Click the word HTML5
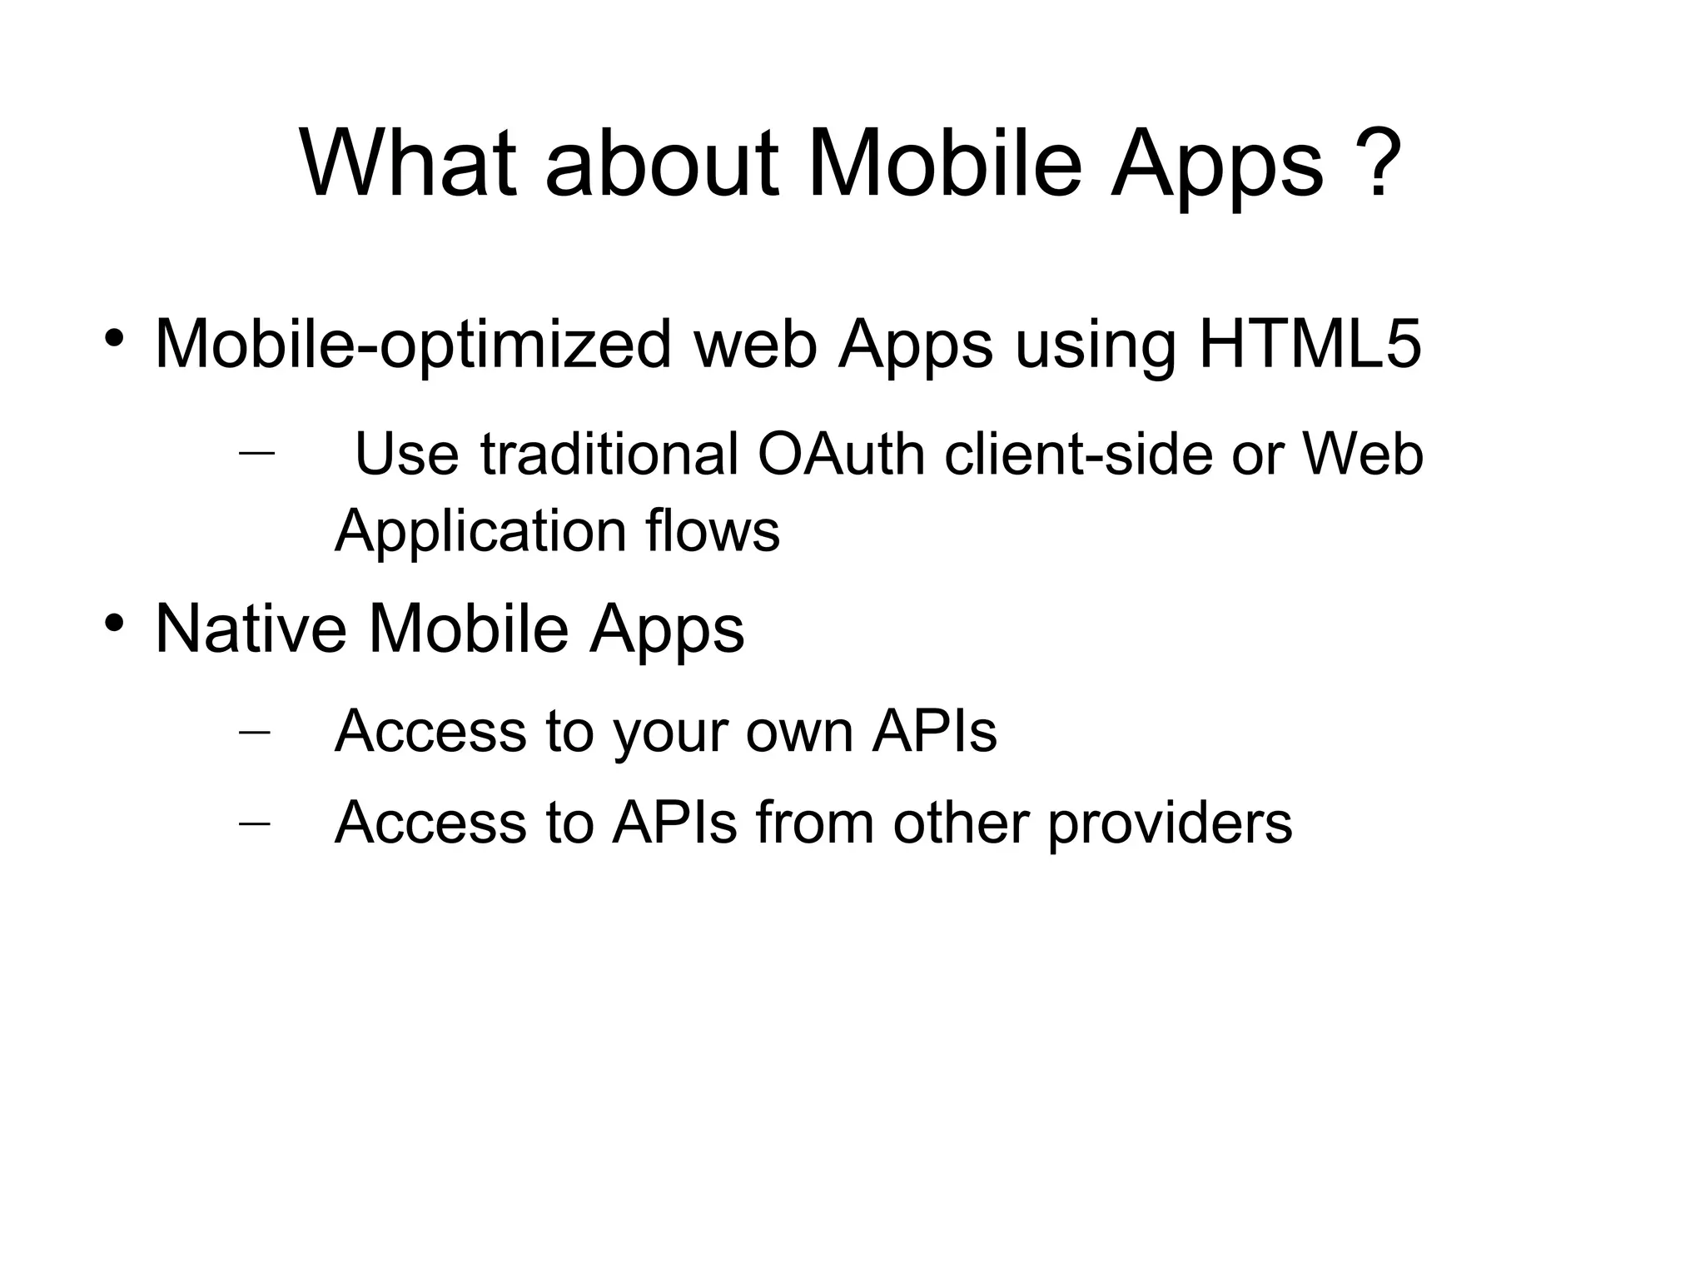[1310, 344]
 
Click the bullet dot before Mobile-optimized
[114, 338]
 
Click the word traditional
[609, 455]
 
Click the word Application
[480, 531]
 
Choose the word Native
[251, 629]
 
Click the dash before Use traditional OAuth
[256, 454]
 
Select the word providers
[1170, 823]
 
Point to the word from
[815, 823]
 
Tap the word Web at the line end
[1363, 455]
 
